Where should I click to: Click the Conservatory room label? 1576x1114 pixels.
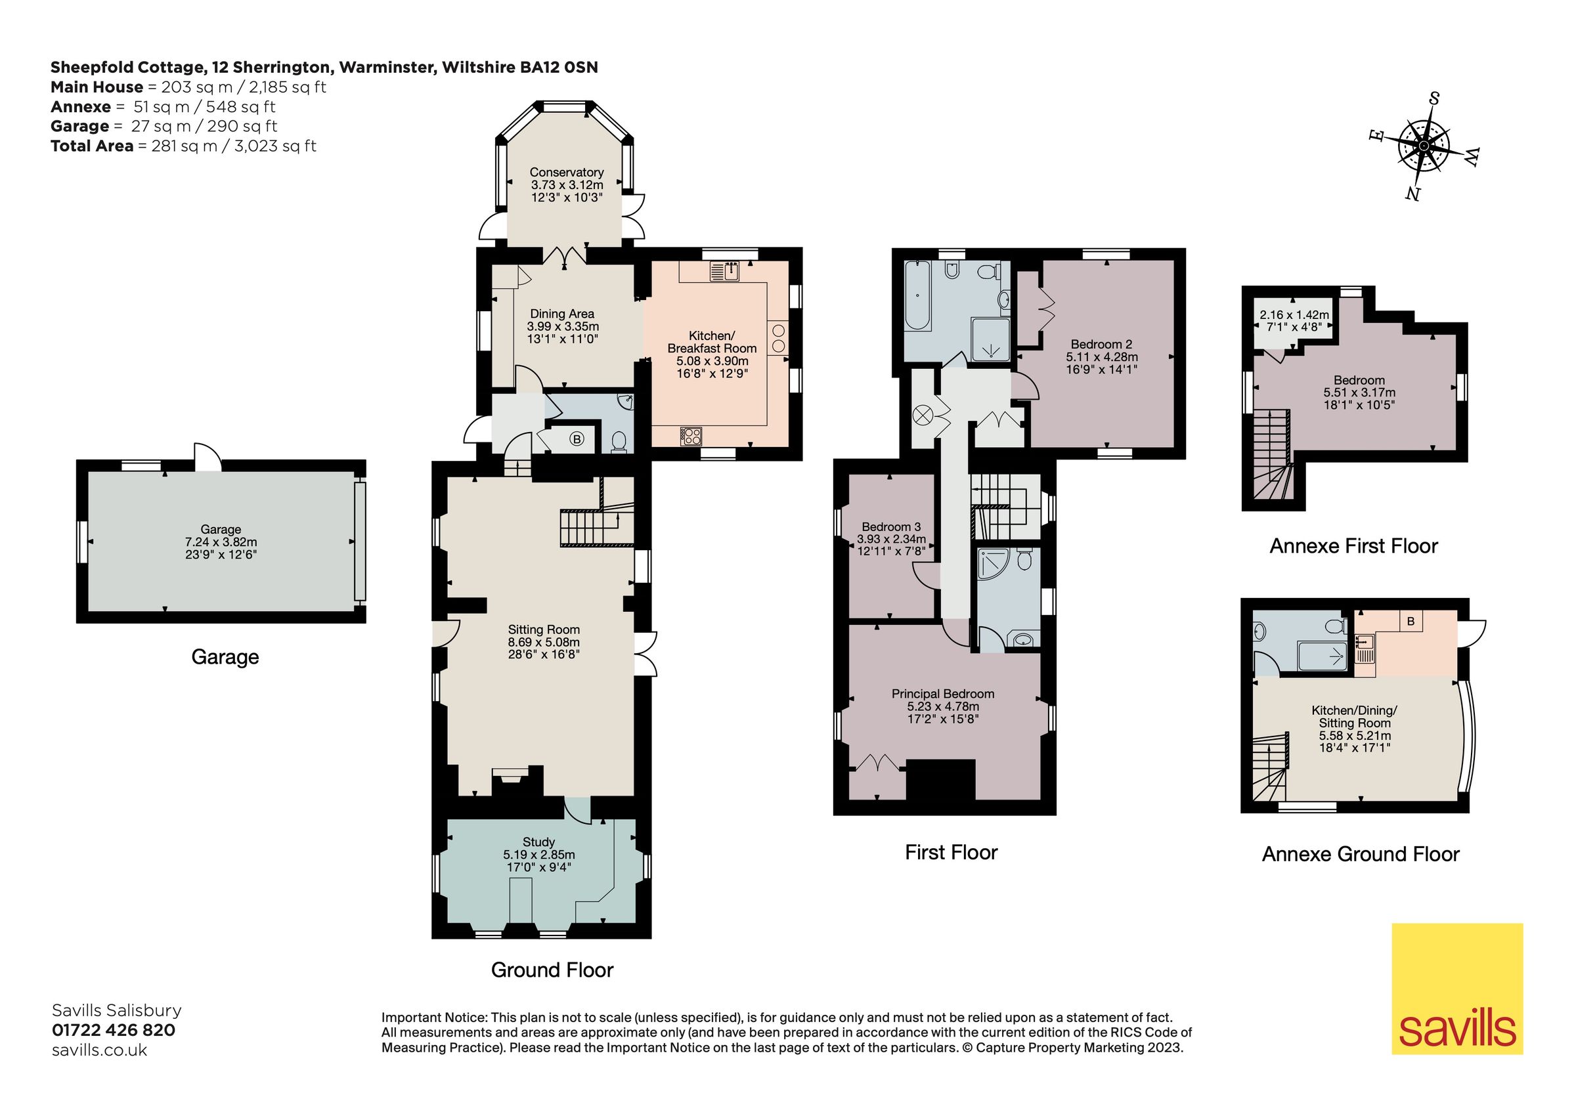(x=566, y=172)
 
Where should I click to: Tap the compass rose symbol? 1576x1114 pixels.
(x=1424, y=146)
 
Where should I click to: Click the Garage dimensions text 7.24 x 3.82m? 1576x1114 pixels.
(x=221, y=542)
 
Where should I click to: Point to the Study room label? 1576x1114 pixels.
(x=538, y=842)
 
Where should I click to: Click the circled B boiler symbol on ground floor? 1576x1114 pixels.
(x=577, y=439)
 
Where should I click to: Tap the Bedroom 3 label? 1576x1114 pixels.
(x=891, y=527)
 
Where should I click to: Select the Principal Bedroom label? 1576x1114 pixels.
(x=942, y=694)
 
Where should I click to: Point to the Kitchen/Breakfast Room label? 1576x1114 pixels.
(x=712, y=342)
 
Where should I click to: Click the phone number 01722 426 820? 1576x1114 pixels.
(x=113, y=1029)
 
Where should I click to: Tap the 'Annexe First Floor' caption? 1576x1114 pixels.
(x=1353, y=546)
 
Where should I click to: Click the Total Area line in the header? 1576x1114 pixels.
(x=183, y=146)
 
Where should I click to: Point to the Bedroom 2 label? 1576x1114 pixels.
(x=1101, y=344)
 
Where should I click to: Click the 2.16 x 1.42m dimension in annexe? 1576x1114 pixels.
(x=1294, y=315)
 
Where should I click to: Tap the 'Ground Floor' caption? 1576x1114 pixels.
(x=552, y=970)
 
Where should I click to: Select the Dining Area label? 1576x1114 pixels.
(x=562, y=314)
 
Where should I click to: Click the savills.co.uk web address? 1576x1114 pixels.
(x=100, y=1050)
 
